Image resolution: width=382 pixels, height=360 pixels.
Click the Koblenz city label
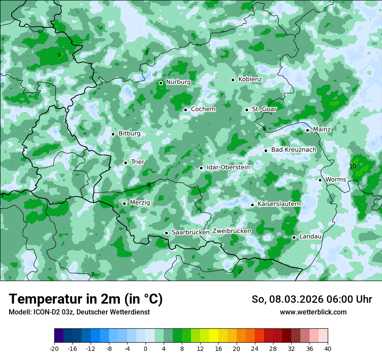point(250,79)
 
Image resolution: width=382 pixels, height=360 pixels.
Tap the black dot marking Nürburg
point(161,83)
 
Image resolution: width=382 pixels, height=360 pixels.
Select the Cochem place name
point(203,109)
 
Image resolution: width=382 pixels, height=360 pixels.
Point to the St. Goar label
point(264,109)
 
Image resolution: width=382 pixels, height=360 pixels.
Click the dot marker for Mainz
point(307,130)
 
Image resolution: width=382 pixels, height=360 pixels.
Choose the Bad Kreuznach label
point(293,150)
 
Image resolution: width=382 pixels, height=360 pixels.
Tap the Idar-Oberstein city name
point(228,167)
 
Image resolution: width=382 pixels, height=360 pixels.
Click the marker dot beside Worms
point(320,180)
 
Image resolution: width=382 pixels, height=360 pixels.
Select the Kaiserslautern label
point(279,204)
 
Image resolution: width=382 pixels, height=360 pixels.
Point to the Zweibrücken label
point(231,231)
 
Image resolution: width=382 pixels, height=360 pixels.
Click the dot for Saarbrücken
point(166,233)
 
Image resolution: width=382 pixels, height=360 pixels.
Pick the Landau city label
point(310,237)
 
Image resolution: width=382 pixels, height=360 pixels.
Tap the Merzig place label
point(140,203)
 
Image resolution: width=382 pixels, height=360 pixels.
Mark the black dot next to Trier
point(125,163)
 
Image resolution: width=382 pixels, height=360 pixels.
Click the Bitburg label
point(129,134)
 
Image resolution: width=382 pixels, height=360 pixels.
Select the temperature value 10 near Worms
point(352,167)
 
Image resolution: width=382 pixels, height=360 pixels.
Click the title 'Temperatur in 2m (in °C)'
point(86,299)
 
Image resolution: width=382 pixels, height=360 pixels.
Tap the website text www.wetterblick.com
point(313,312)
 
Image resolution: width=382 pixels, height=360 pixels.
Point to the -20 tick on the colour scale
point(54,349)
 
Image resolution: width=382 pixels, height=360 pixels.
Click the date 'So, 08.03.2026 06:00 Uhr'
point(312,299)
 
